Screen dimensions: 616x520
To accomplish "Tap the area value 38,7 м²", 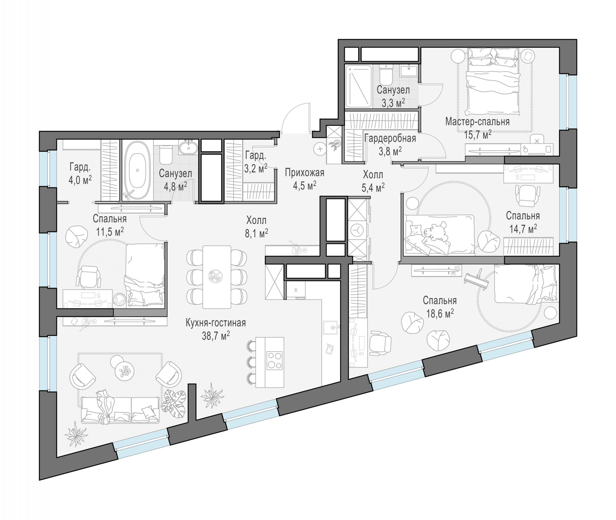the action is (216, 336).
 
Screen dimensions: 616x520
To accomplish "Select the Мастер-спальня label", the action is (477, 122).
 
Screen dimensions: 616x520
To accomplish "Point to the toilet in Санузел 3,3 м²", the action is (386, 75).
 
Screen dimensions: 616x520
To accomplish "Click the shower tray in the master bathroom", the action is (358, 86).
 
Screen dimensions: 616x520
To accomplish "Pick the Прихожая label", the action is (304, 173).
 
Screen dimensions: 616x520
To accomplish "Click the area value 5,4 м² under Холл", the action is (373, 187).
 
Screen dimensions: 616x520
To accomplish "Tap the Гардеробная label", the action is (390, 138).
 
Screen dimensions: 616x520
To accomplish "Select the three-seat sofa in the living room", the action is (120, 409).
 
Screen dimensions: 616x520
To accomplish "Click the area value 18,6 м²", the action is (440, 314).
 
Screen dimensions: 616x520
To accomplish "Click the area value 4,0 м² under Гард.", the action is (80, 180).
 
